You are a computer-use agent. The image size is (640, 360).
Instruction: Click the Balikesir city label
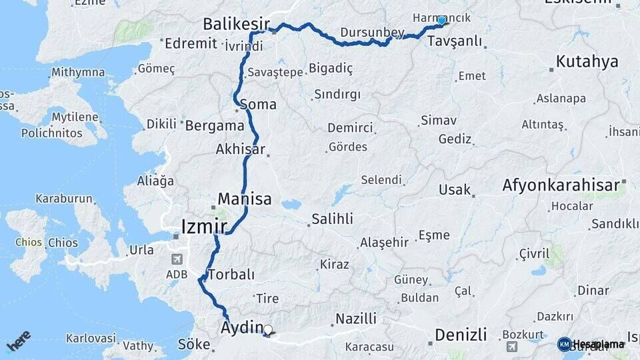(232, 24)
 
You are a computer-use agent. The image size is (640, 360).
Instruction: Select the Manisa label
(245, 199)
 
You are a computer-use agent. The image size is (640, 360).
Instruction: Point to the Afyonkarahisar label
(561, 185)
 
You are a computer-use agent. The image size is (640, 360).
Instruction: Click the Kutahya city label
(587, 62)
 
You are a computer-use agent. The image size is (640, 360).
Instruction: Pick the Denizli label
(461, 334)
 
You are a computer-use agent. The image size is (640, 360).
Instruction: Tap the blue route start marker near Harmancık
(441, 21)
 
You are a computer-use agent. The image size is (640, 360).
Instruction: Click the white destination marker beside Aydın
(268, 329)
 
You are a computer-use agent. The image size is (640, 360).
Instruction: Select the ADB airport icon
(177, 259)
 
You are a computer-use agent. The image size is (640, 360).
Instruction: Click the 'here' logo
(19, 341)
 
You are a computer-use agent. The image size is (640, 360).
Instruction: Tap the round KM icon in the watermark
(564, 344)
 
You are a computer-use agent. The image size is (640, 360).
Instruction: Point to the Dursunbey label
(372, 32)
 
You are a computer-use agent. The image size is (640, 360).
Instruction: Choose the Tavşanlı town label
(455, 41)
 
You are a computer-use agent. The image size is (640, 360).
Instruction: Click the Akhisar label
(240, 150)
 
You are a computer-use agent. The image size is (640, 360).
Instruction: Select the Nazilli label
(356, 319)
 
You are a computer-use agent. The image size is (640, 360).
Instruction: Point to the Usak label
(455, 189)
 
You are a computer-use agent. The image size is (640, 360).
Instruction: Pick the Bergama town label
(215, 125)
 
